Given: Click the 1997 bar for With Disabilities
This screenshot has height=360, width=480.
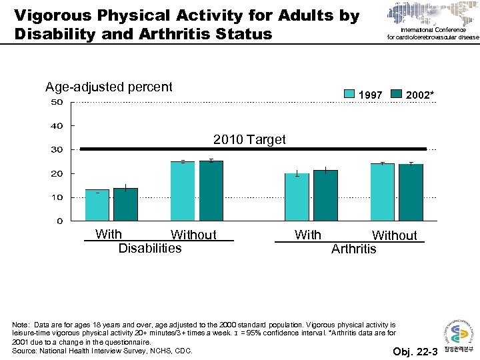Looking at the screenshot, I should [x=97, y=205].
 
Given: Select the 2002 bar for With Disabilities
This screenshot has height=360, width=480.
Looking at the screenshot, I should [x=125, y=204].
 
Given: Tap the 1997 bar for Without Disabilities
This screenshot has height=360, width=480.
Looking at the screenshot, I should [x=183, y=191].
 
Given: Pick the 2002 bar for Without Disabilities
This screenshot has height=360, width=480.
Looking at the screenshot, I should [x=211, y=191].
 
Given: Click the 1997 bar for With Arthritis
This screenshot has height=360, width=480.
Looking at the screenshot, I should [x=297, y=197].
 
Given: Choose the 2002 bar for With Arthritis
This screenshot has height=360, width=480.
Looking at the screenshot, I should [x=325, y=195].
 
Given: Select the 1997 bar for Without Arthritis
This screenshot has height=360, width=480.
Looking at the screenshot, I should [x=383, y=192].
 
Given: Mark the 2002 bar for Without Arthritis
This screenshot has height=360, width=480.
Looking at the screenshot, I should [x=411, y=192].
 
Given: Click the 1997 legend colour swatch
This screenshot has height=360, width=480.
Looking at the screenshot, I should [x=349, y=95].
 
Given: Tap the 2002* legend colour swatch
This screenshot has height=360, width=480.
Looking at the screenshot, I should [x=396, y=95].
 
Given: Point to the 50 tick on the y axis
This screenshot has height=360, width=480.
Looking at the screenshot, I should [x=57, y=102].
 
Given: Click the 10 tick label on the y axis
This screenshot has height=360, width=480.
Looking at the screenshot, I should [x=57, y=197].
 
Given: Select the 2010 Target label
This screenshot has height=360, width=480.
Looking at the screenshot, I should [x=249, y=139].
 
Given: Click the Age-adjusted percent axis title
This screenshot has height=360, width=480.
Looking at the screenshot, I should [x=109, y=87].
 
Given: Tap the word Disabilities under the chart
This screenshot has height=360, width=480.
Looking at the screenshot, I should [x=149, y=249].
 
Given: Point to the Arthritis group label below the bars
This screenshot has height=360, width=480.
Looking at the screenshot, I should [x=353, y=249].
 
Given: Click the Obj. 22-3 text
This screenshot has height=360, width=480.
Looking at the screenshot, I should [x=415, y=351].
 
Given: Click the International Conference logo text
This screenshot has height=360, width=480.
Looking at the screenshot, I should [x=433, y=33].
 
